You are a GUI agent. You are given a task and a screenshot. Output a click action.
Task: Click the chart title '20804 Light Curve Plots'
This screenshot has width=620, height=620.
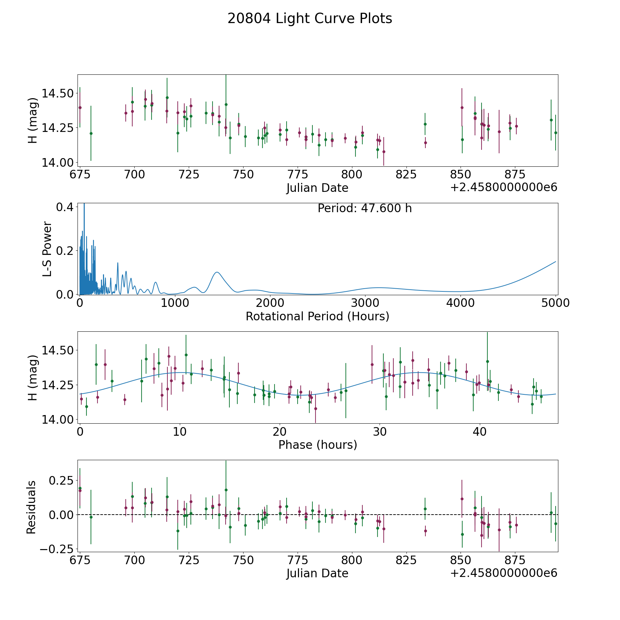(310, 19)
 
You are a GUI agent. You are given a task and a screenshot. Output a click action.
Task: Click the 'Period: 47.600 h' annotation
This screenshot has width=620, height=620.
(364, 208)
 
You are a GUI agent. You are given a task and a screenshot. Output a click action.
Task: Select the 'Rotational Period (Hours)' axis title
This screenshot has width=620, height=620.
(317, 316)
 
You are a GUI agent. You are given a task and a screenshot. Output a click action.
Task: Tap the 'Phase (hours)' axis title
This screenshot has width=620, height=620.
(318, 445)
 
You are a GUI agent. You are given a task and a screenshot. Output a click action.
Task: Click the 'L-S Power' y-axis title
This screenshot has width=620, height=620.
(47, 249)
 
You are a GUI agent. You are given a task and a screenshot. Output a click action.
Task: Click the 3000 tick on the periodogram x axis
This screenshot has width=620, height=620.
(365, 303)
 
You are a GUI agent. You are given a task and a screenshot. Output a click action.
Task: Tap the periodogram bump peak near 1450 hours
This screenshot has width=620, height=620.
(217, 272)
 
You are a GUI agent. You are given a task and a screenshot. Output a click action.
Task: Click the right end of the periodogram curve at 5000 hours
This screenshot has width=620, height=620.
(555, 262)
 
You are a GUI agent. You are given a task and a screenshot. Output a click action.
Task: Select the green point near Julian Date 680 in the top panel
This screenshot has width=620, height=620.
(91, 133)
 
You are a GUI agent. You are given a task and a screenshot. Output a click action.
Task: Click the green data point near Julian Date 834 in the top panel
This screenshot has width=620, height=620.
(425, 124)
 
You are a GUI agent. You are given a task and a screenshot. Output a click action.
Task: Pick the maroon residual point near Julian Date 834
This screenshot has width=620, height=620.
(425, 531)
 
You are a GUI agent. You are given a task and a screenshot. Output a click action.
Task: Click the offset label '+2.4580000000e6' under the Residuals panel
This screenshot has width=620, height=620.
(504, 573)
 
